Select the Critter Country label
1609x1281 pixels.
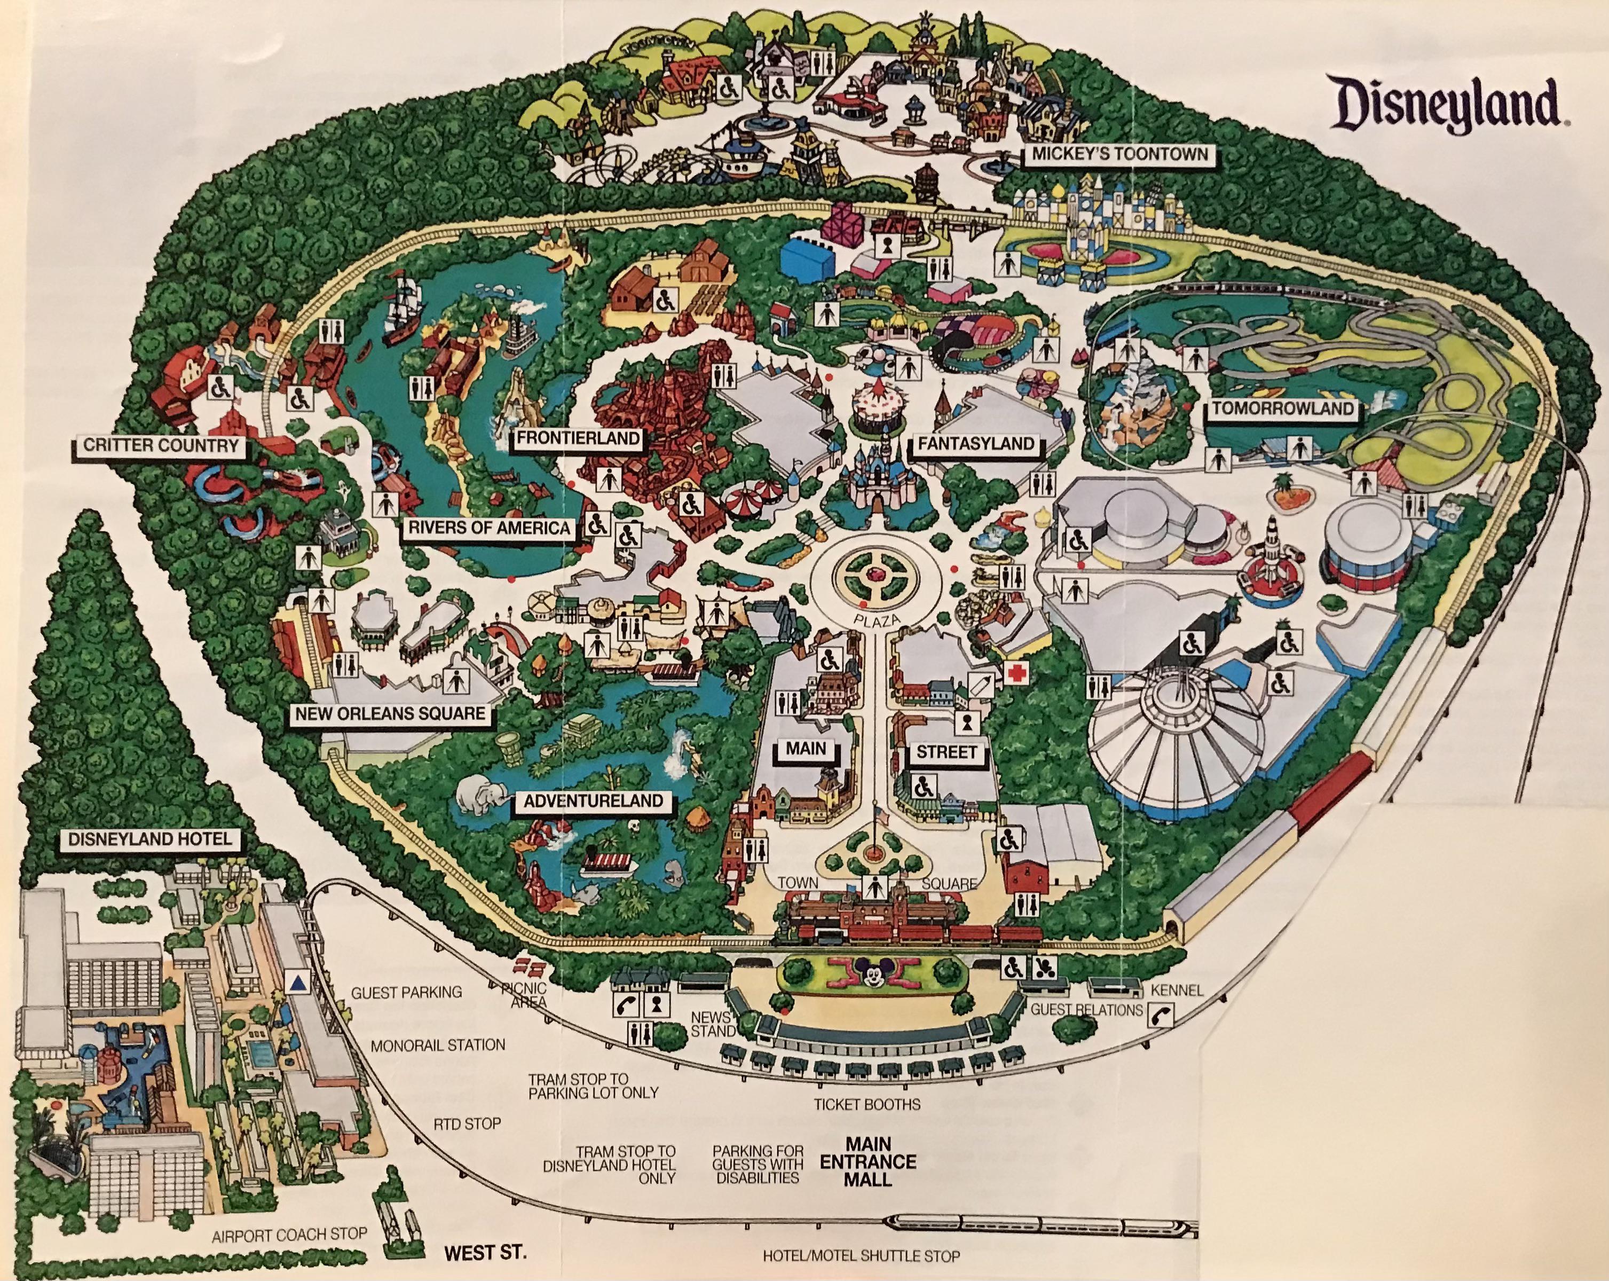(x=161, y=446)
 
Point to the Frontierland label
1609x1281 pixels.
(x=578, y=438)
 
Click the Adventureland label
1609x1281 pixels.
(x=593, y=801)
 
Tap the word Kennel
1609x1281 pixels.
(x=1177, y=990)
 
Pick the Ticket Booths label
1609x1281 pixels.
(x=866, y=1104)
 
